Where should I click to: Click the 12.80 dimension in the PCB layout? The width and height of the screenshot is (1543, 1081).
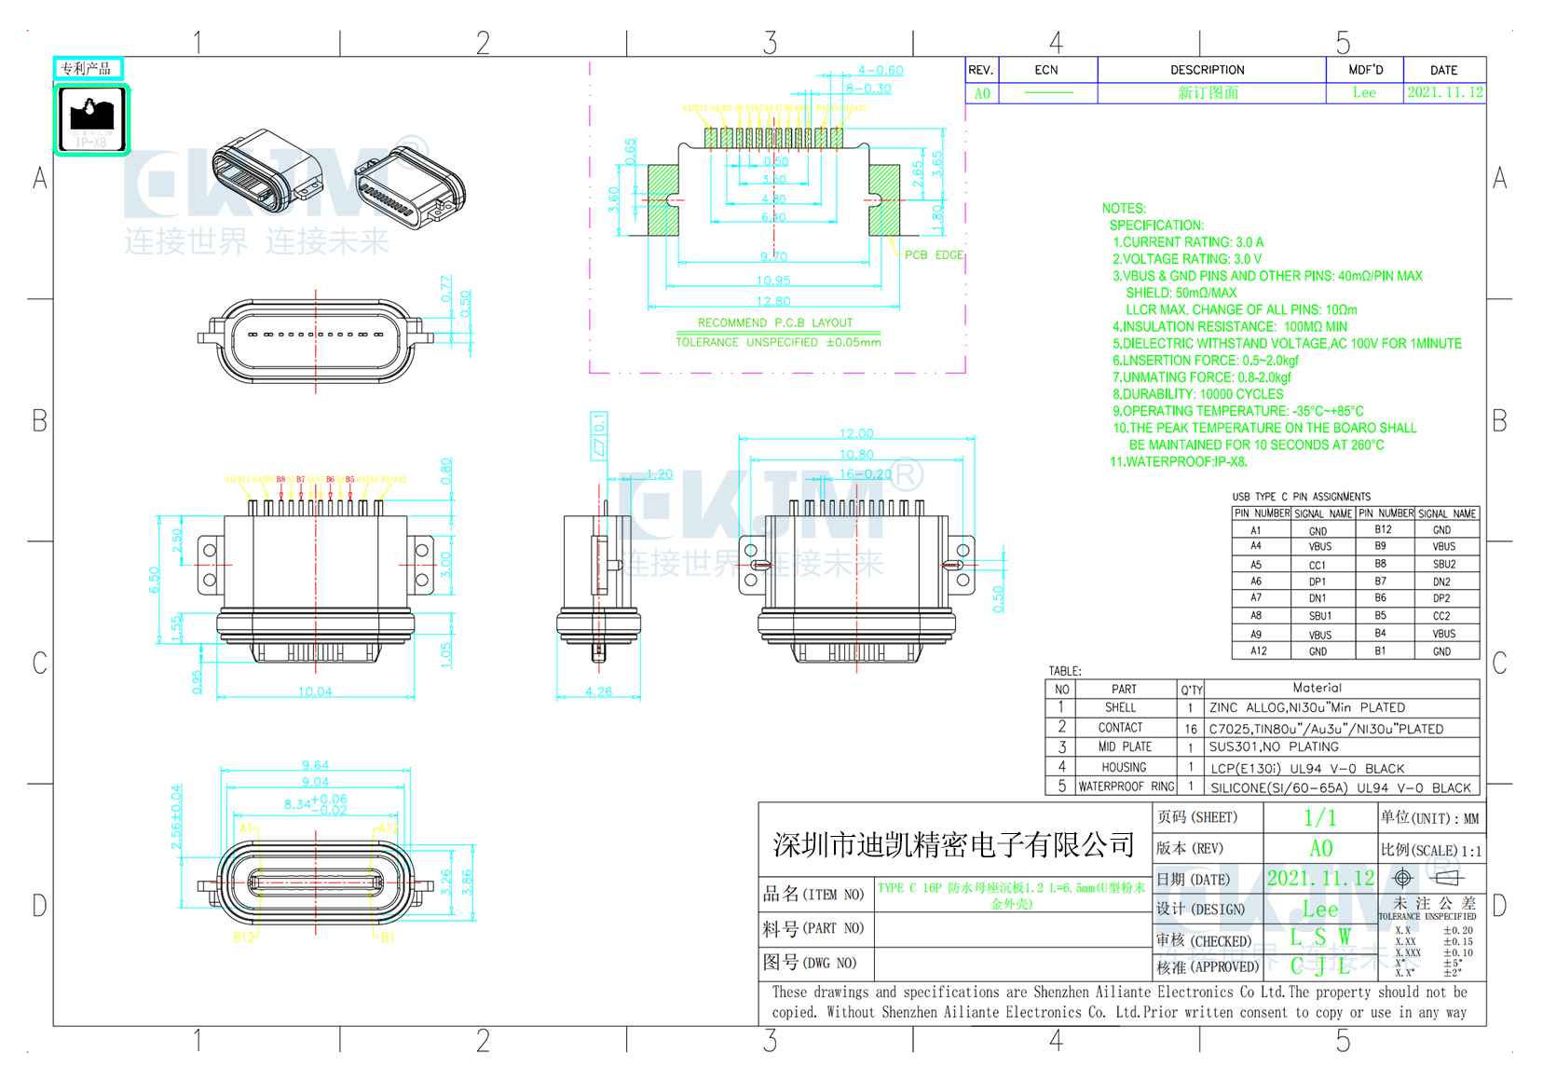point(773,301)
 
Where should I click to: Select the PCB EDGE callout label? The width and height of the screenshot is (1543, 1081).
point(934,254)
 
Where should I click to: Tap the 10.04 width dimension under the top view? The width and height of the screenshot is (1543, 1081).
point(315,691)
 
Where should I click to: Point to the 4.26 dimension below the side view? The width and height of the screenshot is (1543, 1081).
point(598,691)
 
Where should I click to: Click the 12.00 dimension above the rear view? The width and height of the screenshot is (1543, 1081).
point(856,433)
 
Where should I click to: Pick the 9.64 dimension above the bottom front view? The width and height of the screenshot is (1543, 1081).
point(315,765)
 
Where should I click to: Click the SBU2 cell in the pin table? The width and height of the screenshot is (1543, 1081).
point(1443,565)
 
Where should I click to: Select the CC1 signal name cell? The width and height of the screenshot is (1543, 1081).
point(1318,565)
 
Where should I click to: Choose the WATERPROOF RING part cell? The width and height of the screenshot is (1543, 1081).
point(1126,787)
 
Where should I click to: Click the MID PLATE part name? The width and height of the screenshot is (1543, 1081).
point(1124,746)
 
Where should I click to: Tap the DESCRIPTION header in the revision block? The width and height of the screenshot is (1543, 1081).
point(1207,70)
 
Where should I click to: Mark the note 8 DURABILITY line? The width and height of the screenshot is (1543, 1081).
point(1197,394)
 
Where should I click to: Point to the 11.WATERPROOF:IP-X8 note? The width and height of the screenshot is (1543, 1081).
point(1178,461)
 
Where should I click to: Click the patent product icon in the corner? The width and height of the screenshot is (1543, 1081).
point(91,118)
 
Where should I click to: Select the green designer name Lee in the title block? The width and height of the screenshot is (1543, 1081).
point(1319,909)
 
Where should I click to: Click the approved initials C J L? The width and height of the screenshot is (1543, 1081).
point(1319,966)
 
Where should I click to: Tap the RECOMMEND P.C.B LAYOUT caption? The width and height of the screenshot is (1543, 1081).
point(774,322)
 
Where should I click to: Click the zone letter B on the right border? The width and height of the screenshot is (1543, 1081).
point(1498,420)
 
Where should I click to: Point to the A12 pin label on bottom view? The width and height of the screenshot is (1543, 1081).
point(388,828)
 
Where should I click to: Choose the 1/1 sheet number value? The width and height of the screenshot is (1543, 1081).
point(1319,818)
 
